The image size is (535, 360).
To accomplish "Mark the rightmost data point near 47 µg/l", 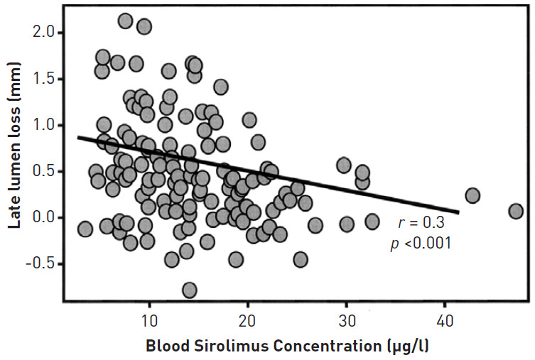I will coord(516,211).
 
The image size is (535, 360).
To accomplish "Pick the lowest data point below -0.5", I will coord(189,290).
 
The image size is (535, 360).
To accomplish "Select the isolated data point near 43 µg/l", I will coord(472,195).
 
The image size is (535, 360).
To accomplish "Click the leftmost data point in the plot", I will coord(85,229).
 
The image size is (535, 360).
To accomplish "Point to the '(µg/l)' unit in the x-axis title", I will coord(406,347).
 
